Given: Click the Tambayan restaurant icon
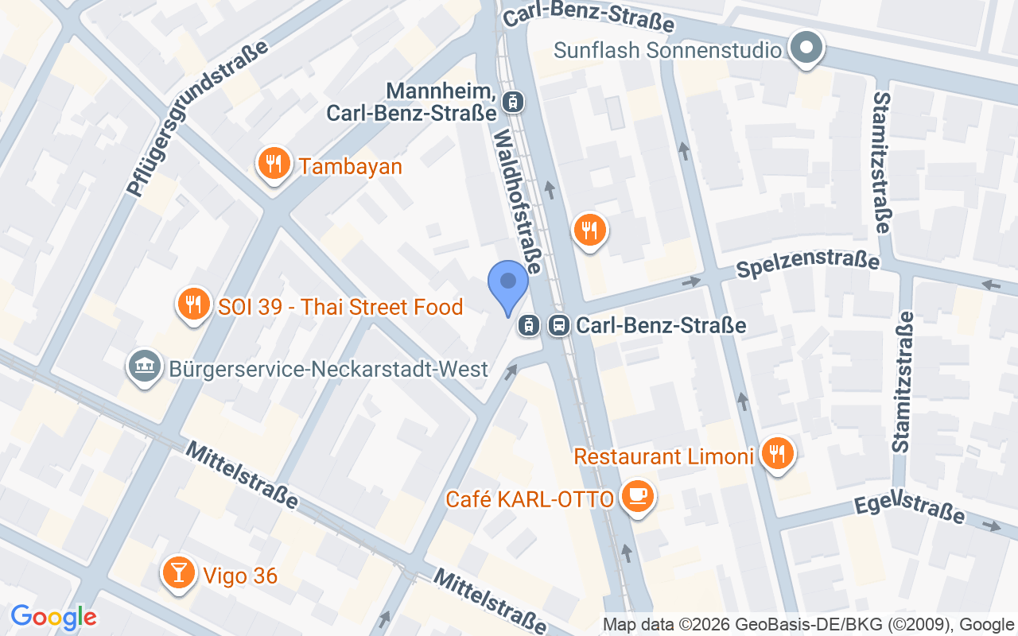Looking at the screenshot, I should [274, 164].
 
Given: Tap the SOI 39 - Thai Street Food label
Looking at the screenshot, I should [340, 307].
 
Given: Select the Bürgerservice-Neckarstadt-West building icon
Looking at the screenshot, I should [144, 367].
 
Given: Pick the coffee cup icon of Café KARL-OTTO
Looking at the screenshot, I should [638, 497].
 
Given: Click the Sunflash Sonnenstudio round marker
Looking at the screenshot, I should [806, 48].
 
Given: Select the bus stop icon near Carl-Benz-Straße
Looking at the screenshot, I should [559, 325].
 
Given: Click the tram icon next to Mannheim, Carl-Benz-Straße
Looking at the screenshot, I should [514, 100].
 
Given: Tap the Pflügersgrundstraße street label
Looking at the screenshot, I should [197, 119].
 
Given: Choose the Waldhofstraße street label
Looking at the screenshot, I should [518, 203].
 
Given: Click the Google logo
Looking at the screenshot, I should [53, 617].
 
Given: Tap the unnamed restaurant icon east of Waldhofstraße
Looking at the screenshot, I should [589, 231].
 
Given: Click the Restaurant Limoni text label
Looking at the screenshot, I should [663, 457].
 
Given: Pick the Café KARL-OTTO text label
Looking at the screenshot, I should [530, 499].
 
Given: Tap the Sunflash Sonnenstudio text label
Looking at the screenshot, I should [667, 50].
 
